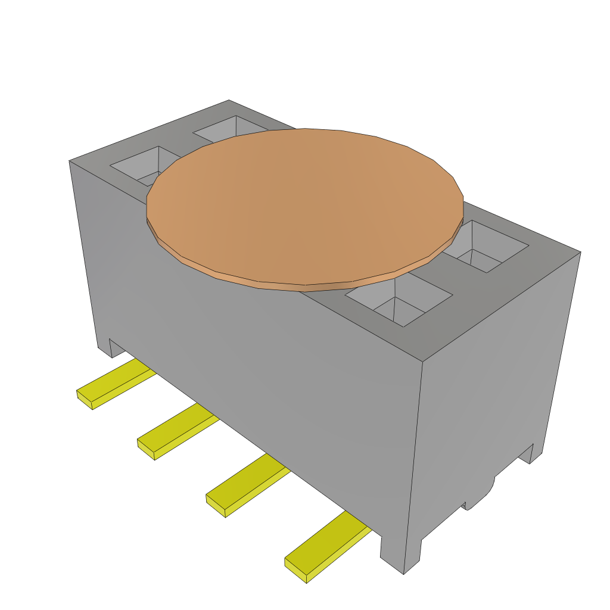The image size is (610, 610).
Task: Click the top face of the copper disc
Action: point(304,203)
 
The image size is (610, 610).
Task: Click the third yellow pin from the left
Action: point(247,485)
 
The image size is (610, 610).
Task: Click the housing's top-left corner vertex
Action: point(70,161)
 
